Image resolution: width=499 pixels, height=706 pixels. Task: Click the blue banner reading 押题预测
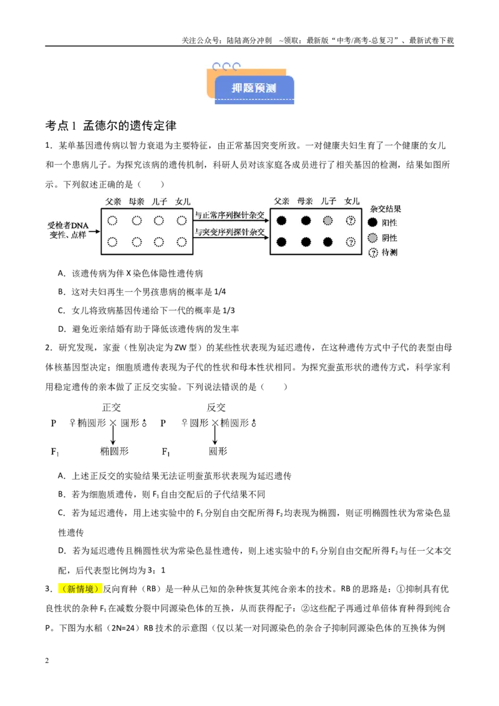click(x=254, y=89)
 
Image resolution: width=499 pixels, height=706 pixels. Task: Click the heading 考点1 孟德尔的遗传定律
click(x=111, y=125)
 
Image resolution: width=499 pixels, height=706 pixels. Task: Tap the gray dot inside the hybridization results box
click(x=328, y=221)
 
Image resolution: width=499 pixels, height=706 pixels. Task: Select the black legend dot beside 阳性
click(x=372, y=223)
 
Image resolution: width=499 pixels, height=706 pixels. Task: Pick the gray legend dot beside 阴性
click(x=372, y=238)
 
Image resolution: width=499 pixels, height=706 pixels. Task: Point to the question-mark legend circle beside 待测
click(x=373, y=253)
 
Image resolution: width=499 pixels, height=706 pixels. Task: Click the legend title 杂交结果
click(x=385, y=209)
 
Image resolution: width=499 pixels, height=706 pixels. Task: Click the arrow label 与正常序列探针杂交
click(x=230, y=215)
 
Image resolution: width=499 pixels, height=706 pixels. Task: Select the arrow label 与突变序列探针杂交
click(x=230, y=232)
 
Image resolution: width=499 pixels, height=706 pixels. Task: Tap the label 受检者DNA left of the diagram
click(x=68, y=226)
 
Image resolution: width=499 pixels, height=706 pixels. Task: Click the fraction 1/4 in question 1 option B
click(x=220, y=292)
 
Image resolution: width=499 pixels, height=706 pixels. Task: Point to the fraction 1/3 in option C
click(x=228, y=311)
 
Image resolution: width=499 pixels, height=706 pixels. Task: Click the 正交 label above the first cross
click(x=111, y=407)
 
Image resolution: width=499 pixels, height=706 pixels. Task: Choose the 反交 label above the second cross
click(x=216, y=407)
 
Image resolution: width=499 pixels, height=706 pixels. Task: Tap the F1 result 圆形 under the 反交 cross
click(x=218, y=451)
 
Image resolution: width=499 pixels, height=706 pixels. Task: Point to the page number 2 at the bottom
click(x=47, y=660)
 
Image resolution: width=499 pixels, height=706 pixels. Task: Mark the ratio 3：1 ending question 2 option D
click(x=157, y=571)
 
